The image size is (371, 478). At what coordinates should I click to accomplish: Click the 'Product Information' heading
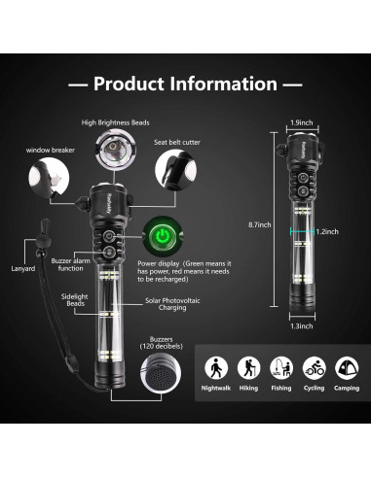pyautogui.click(x=185, y=85)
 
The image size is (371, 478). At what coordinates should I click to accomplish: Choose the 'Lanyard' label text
pyautogui.click(x=23, y=268)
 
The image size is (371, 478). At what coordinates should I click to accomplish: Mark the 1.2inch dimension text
pyautogui.click(x=328, y=231)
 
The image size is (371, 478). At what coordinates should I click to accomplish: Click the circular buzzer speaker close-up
pyautogui.click(x=158, y=375)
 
